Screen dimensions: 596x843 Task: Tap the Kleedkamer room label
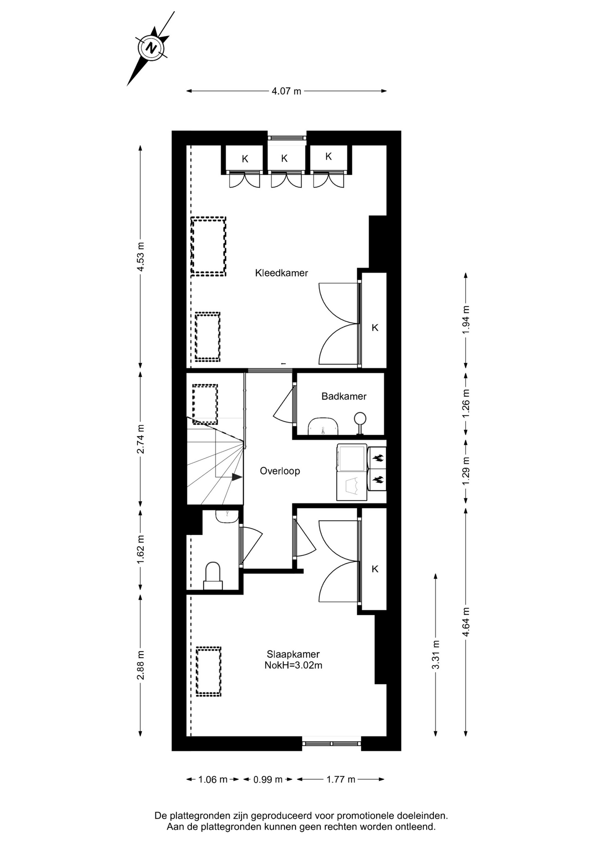(281, 273)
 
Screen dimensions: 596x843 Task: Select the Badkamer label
(344, 396)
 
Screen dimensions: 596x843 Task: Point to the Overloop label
(280, 471)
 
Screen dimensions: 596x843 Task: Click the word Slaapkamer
(293, 654)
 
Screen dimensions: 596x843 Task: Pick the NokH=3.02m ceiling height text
(293, 665)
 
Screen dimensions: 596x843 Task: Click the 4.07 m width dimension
(287, 91)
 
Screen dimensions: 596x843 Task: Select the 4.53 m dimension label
(141, 257)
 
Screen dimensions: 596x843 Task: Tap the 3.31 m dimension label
(436, 655)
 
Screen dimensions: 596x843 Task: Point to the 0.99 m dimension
(268, 779)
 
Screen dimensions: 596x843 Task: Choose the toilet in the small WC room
(213, 576)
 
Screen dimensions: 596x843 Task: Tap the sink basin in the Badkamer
(323, 426)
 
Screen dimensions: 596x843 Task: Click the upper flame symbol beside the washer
(378, 458)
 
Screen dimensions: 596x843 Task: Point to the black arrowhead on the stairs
(237, 477)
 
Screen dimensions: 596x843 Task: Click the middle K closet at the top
(284, 159)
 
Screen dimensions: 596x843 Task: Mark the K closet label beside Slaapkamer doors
(375, 569)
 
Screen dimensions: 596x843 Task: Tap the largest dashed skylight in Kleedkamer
(208, 246)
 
